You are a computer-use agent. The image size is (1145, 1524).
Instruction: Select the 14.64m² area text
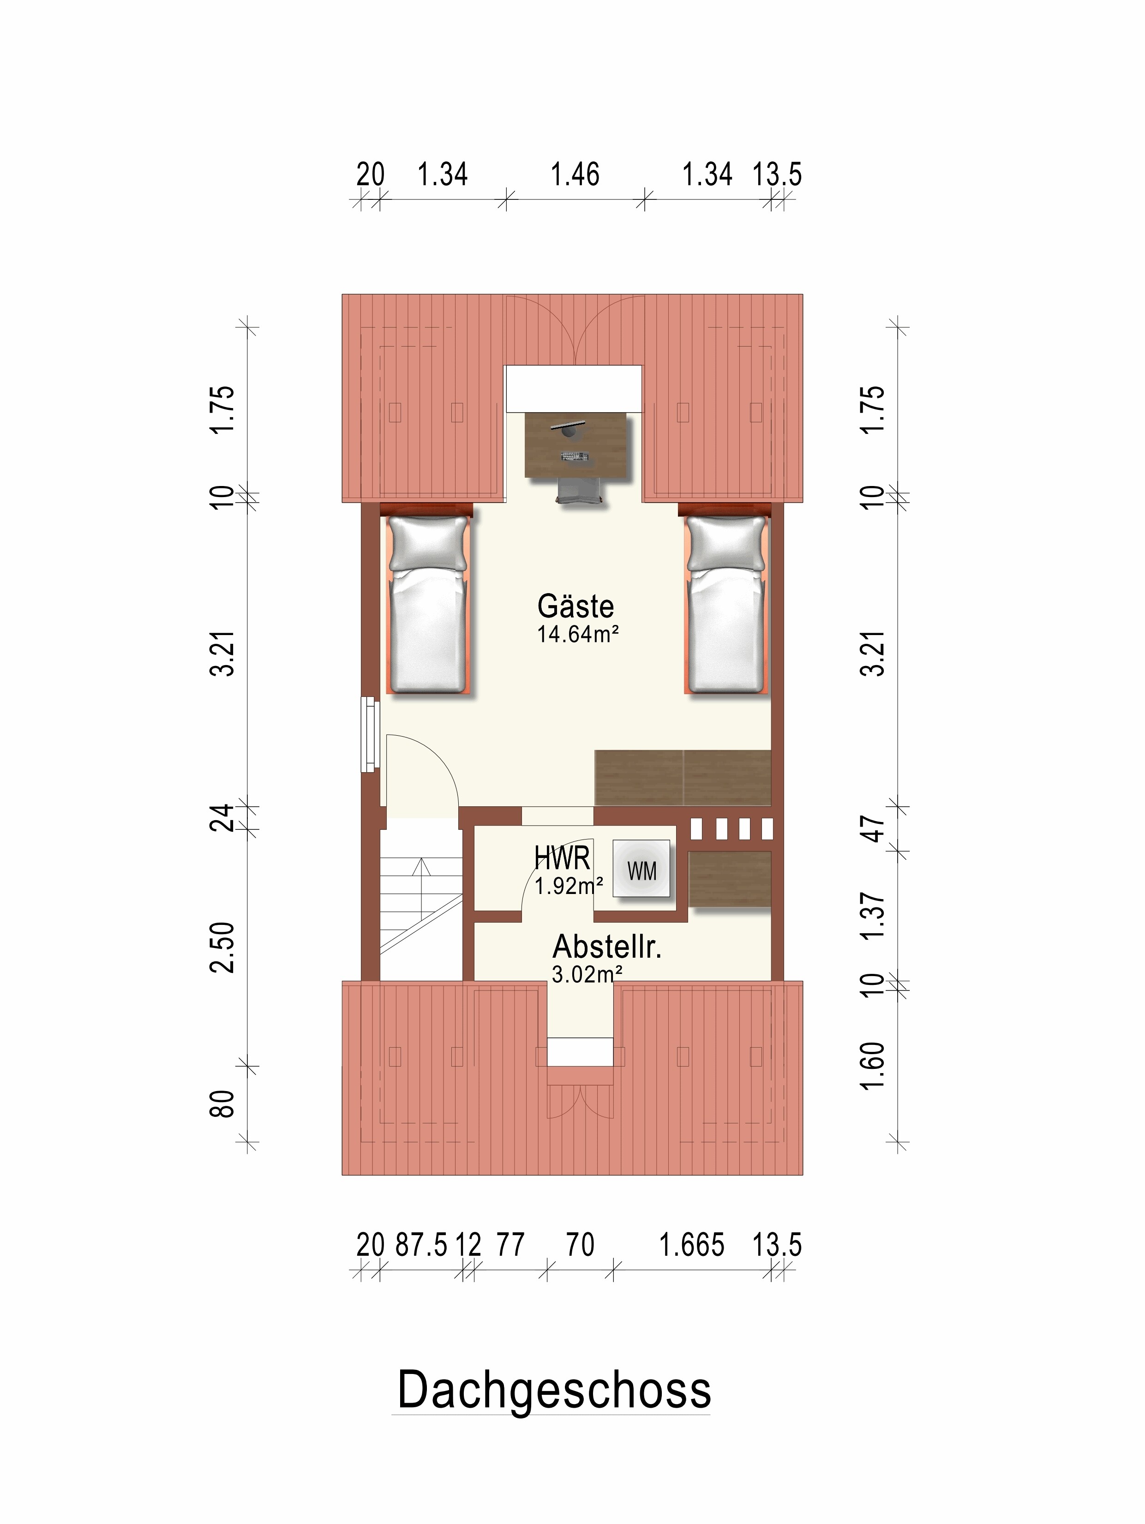[577, 634]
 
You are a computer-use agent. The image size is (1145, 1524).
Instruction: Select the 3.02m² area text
[587, 973]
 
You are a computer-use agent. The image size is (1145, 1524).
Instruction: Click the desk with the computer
[576, 444]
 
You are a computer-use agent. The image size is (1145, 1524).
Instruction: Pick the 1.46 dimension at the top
[575, 174]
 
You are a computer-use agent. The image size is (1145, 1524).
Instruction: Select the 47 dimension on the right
[873, 829]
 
